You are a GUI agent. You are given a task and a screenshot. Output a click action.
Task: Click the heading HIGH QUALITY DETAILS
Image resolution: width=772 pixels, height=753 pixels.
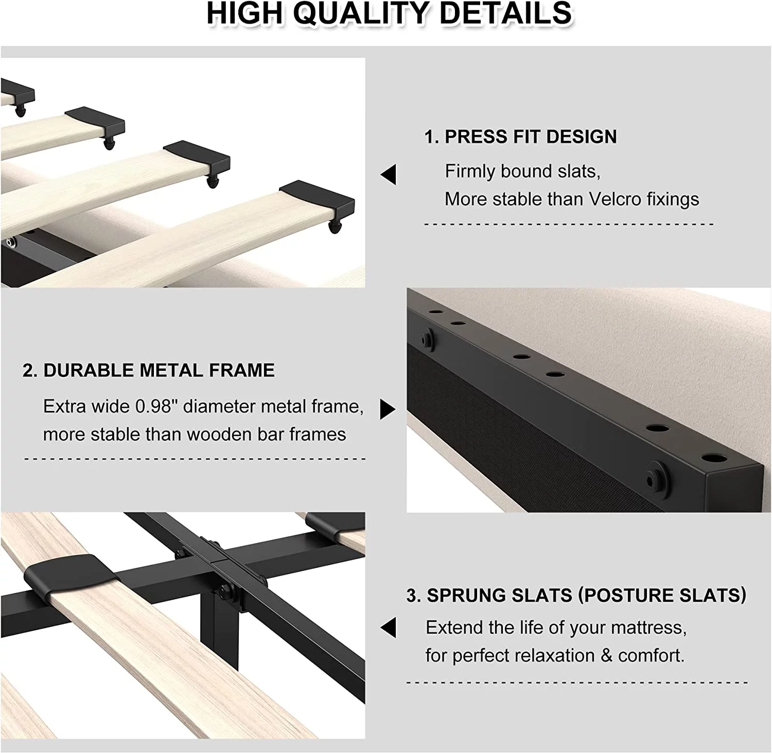pyautogui.click(x=389, y=14)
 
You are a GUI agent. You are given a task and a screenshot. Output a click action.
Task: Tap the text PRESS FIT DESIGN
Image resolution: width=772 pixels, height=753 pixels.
pyautogui.click(x=531, y=137)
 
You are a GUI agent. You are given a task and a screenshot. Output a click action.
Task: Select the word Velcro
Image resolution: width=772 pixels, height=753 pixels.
pyautogui.click(x=615, y=199)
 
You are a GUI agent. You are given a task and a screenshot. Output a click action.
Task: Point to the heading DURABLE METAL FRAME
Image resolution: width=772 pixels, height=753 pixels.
pyautogui.click(x=159, y=370)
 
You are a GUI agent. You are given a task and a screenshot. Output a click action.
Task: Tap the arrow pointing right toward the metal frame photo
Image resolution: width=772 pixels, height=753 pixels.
pyautogui.click(x=388, y=409)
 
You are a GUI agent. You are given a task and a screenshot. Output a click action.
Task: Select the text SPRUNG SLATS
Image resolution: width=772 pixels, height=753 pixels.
pyautogui.click(x=499, y=595)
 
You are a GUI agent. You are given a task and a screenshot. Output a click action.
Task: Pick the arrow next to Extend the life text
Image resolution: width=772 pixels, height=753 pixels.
pyautogui.click(x=388, y=627)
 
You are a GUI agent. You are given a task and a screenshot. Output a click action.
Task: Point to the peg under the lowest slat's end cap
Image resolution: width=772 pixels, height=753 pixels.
pyautogui.click(x=336, y=227)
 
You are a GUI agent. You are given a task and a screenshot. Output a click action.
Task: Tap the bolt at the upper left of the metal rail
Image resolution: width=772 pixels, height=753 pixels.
pyautogui.click(x=427, y=339)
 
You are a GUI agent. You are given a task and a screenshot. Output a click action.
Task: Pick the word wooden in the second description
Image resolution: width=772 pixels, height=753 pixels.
pyautogui.click(x=219, y=435)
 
